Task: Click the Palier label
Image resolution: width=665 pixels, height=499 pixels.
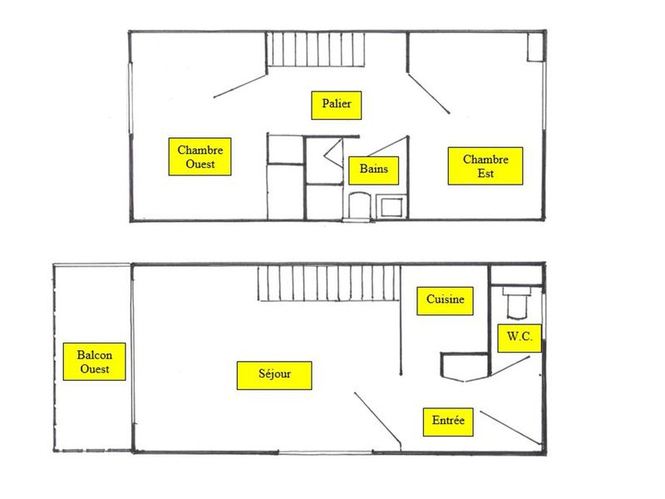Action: click(x=337, y=106)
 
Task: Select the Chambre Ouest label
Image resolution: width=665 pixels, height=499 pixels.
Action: click(x=199, y=156)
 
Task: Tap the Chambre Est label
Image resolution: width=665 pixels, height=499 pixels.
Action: click(x=485, y=166)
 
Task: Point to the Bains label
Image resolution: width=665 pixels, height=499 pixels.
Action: click(x=373, y=170)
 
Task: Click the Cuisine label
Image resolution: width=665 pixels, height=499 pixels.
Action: click(x=445, y=301)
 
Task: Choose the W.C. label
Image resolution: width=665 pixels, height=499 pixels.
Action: click(x=520, y=338)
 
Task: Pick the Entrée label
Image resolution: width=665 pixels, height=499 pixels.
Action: click(x=448, y=422)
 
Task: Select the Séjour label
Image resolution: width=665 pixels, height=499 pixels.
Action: click(x=274, y=376)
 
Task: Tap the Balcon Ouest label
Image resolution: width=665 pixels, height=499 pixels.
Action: click(x=94, y=362)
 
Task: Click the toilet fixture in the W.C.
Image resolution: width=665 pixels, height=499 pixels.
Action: click(x=516, y=303)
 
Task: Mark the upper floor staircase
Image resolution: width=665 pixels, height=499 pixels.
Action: click(x=316, y=49)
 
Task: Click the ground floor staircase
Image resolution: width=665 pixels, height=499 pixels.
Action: click(x=329, y=283)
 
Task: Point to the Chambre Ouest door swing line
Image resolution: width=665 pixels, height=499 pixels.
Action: click(x=240, y=86)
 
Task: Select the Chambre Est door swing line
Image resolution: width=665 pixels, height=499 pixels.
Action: click(x=428, y=94)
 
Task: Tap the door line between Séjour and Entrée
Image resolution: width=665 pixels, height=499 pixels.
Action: click(x=377, y=419)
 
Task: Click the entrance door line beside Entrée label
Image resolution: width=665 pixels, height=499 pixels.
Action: click(x=510, y=427)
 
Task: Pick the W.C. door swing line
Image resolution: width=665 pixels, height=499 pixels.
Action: click(x=510, y=366)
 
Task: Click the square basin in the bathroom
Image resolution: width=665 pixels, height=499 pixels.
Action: click(x=391, y=207)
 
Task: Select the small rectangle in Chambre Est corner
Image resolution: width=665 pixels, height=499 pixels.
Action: click(x=535, y=47)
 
